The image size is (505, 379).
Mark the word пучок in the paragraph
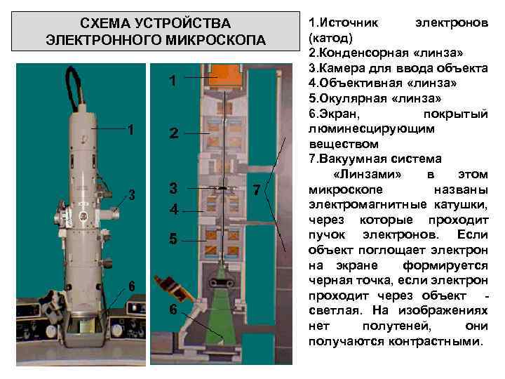pos(328,234)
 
